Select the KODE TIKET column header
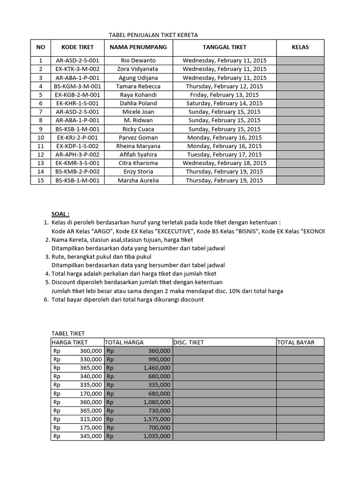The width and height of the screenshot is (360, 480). tap(77, 47)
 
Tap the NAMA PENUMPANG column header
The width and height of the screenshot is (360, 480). tap(138, 47)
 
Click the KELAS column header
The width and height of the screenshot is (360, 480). tap(300, 47)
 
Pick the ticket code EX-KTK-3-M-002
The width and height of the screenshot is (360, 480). tap(77, 69)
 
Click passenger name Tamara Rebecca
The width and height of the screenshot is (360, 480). tap(138, 86)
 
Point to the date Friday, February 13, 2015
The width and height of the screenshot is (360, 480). tap(225, 95)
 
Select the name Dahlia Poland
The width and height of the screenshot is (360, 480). tap(138, 103)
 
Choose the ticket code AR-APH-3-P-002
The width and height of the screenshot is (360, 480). tap(77, 155)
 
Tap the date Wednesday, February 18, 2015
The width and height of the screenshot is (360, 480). tap(225, 163)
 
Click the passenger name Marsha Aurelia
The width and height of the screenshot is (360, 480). tap(138, 180)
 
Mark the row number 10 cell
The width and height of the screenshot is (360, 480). tap(40, 138)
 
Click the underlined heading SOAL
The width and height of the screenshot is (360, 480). tap(60, 214)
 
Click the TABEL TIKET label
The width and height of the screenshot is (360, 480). tap(68, 333)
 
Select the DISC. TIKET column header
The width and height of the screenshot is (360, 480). tap(189, 342)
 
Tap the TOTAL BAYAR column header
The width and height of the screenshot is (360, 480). tap(296, 342)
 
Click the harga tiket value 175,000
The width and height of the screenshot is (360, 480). tap(91, 427)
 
